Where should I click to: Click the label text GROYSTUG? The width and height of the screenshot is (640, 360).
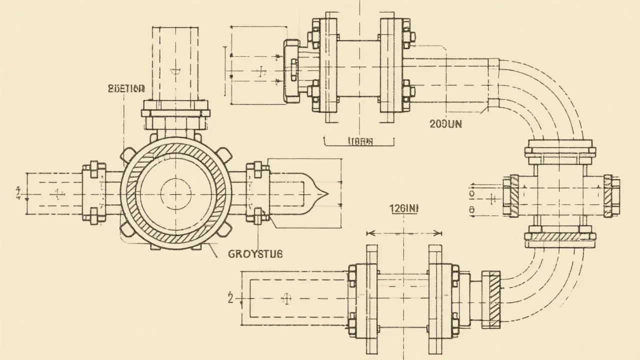pos(255,253)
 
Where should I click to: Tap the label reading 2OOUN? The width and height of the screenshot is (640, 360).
pos(446,124)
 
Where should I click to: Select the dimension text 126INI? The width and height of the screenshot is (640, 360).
pos(403,210)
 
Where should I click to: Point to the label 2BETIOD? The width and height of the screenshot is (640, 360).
pos(126,89)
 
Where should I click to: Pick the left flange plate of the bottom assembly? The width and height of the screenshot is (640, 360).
pos(372,298)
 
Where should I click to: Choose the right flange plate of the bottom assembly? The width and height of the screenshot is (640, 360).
pos(436,298)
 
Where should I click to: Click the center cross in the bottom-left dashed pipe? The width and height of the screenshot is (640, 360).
pos(286,298)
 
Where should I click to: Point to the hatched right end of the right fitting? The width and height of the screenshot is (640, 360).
pos(611,196)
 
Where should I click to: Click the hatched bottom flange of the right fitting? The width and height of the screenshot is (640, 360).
pos(560,236)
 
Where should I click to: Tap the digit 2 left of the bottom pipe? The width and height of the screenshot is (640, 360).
pos(230,298)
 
